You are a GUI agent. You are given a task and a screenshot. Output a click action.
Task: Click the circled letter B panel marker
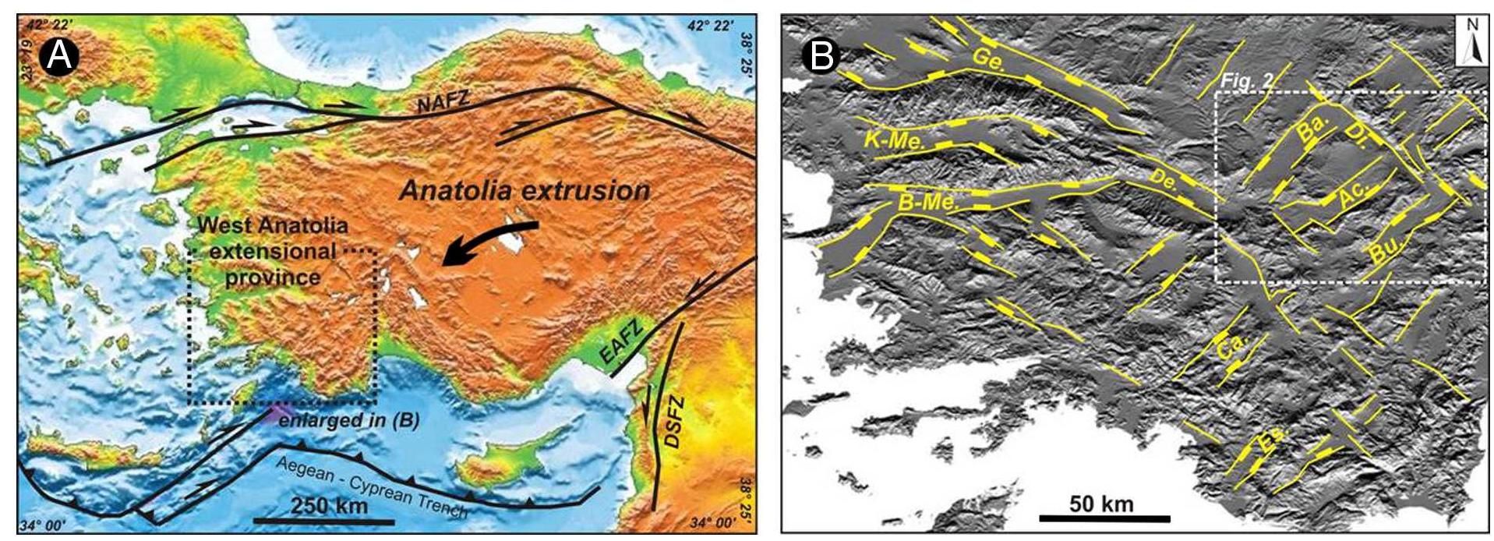823,56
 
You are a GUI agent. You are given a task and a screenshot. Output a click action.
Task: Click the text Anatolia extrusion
524,191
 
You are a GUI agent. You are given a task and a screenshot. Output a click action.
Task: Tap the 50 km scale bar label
1101,503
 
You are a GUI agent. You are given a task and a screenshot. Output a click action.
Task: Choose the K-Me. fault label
894,140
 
